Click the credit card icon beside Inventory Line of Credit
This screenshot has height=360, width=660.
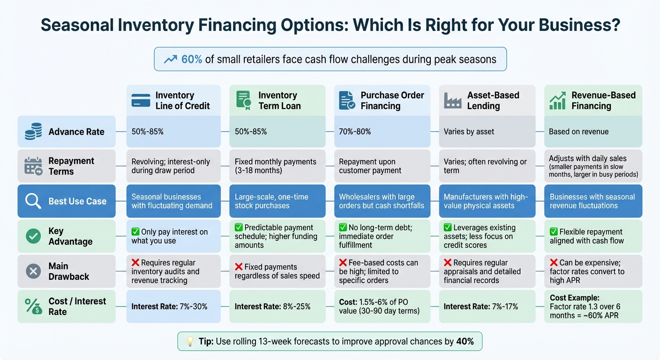coord(141,101)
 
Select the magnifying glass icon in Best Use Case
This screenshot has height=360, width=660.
coord(33,201)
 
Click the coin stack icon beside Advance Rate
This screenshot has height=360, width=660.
coord(33,132)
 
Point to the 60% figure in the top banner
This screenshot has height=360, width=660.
coord(191,59)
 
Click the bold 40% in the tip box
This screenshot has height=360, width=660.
coord(465,341)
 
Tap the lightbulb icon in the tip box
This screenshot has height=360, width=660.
coord(190,341)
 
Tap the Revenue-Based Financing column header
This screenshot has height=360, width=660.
coord(593,100)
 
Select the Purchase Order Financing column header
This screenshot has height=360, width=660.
coord(382,100)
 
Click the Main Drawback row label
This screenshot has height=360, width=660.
coord(66,271)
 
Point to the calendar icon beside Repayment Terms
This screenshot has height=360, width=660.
coord(33,166)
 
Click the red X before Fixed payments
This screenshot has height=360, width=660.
coord(239,267)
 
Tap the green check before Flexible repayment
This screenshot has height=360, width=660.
coord(554,232)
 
